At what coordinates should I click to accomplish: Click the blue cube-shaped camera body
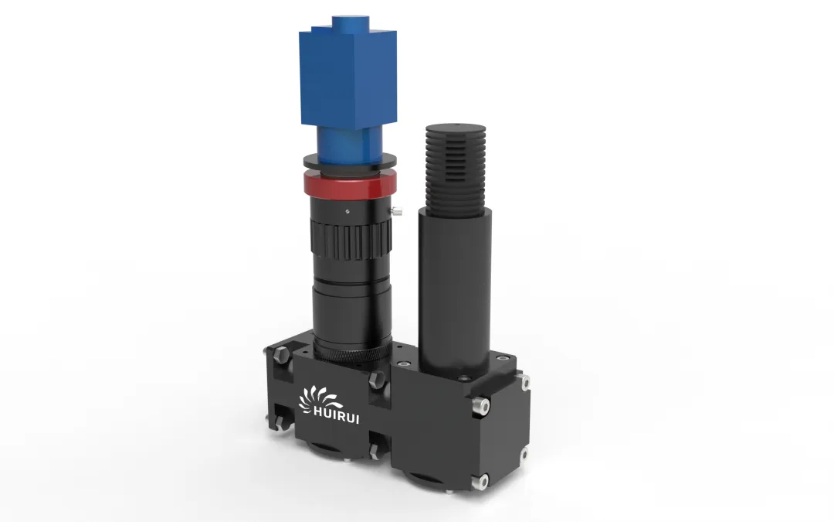pos(348,79)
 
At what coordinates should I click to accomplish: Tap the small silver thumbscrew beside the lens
pos(396,211)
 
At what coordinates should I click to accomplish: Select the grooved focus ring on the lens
pos(351,239)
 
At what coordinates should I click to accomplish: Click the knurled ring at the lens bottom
pos(352,353)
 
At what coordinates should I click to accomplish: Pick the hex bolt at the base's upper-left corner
pos(282,356)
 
